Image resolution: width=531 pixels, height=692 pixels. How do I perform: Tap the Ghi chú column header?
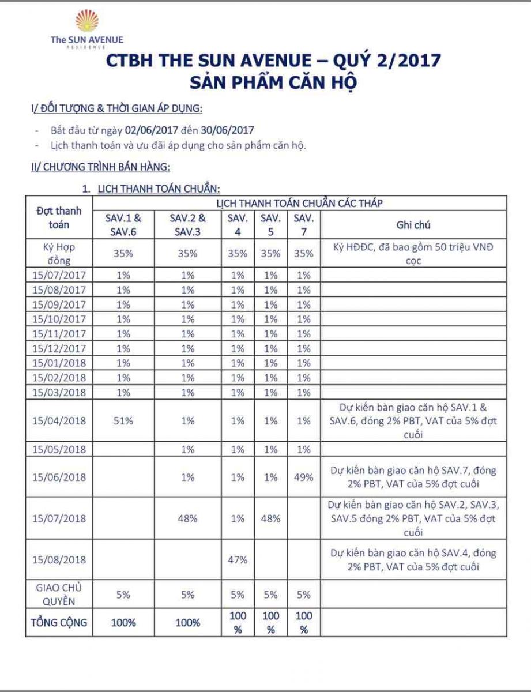click(x=413, y=225)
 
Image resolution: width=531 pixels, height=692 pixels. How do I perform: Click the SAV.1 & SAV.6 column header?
click(x=123, y=225)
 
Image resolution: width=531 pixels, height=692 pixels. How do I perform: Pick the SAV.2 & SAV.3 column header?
click(x=188, y=225)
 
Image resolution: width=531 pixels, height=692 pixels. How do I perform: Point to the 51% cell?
click(x=123, y=420)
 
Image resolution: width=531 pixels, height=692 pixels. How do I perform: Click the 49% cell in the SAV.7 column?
click(x=303, y=477)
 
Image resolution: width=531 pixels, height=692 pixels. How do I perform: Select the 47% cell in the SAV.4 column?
click(x=238, y=559)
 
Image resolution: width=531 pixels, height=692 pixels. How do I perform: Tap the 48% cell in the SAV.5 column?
click(x=270, y=518)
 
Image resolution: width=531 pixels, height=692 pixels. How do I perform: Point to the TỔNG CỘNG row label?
click(x=58, y=622)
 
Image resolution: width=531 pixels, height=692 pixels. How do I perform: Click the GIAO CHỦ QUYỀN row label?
click(x=58, y=595)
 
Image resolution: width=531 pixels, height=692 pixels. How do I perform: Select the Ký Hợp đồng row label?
click(x=58, y=254)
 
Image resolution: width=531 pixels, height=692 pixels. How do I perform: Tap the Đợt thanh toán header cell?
click(x=58, y=217)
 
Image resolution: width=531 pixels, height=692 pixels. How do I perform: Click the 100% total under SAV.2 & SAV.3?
click(x=188, y=622)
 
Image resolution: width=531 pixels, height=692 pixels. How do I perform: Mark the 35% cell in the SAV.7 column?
click(x=303, y=254)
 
